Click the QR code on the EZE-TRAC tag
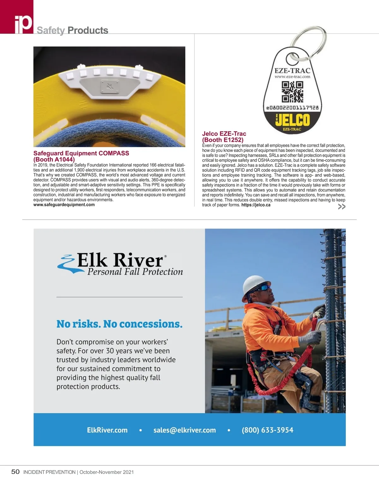(x=292, y=92)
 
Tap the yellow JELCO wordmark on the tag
(x=292, y=120)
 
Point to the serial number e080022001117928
(x=292, y=108)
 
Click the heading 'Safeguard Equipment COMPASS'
(x=81, y=153)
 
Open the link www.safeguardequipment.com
(x=64, y=205)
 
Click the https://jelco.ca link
(x=256, y=205)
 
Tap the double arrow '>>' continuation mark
(x=341, y=207)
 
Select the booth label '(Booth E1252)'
(x=223, y=140)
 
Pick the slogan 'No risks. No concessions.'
(x=119, y=324)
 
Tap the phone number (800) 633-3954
(x=268, y=430)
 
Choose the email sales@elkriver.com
(x=184, y=430)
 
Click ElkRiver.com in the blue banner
(x=107, y=430)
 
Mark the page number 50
(x=15, y=472)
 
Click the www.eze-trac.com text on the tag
(x=292, y=76)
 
